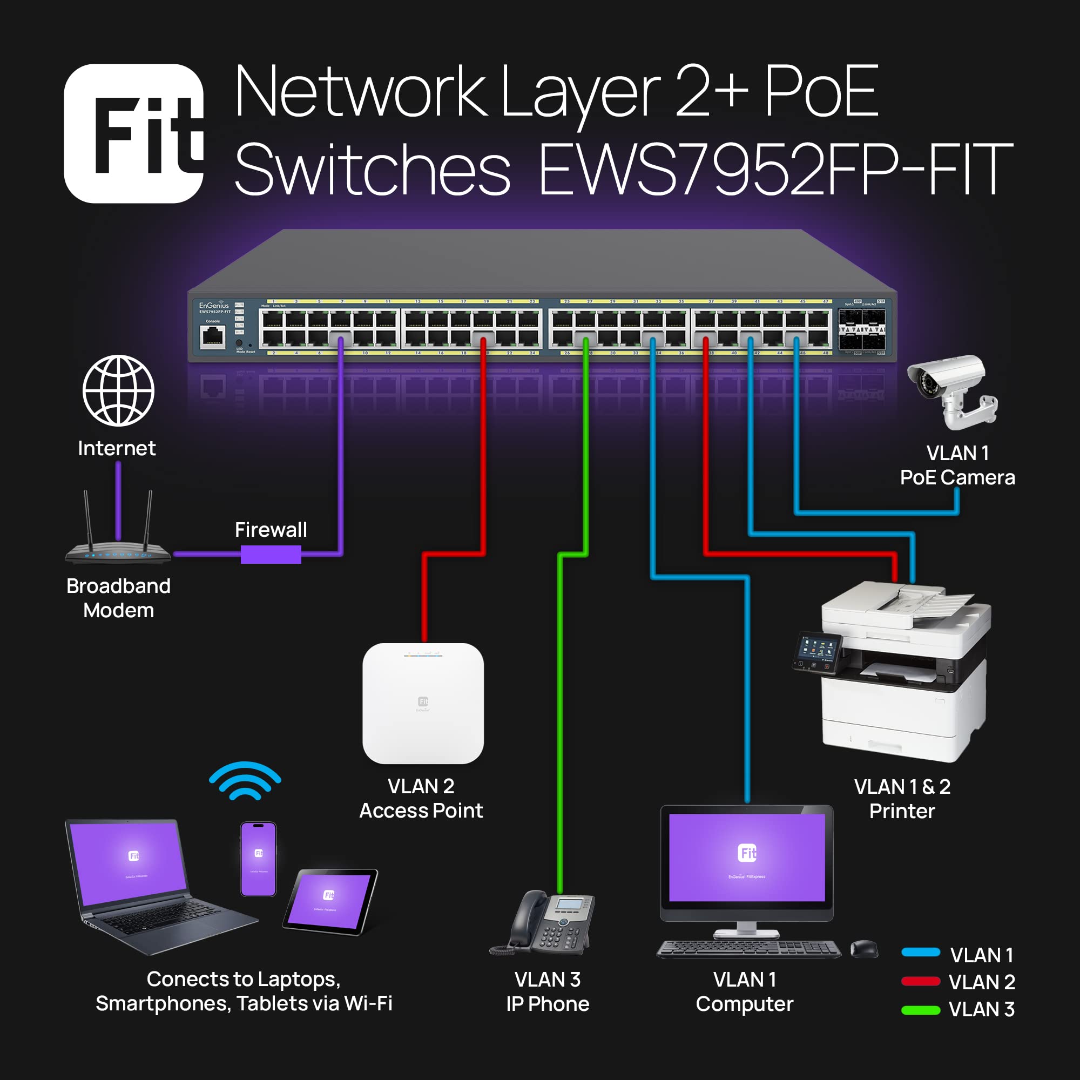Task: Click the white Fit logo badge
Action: [133, 133]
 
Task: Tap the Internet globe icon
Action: [118, 390]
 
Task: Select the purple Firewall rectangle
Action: [271, 554]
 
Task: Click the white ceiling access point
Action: [423, 703]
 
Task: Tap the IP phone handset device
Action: [545, 922]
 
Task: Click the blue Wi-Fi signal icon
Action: [245, 781]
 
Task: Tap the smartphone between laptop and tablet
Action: [258, 859]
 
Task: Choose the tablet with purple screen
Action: [330, 901]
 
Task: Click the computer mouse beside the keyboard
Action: [863, 949]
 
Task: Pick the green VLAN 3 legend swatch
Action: [920, 1010]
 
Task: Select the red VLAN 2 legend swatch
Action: [920, 982]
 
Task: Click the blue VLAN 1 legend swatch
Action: [920, 953]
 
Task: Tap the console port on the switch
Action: [213, 336]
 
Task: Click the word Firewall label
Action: [271, 529]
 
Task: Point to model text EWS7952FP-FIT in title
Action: [774, 170]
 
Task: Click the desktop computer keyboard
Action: [748, 949]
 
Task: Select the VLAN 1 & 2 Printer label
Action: [902, 798]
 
